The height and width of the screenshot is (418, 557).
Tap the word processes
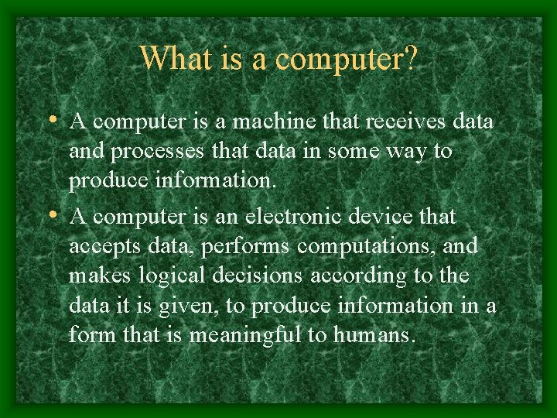145,152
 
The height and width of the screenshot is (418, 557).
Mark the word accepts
98,247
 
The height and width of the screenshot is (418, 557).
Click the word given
186,307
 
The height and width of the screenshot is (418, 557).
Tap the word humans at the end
375,336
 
